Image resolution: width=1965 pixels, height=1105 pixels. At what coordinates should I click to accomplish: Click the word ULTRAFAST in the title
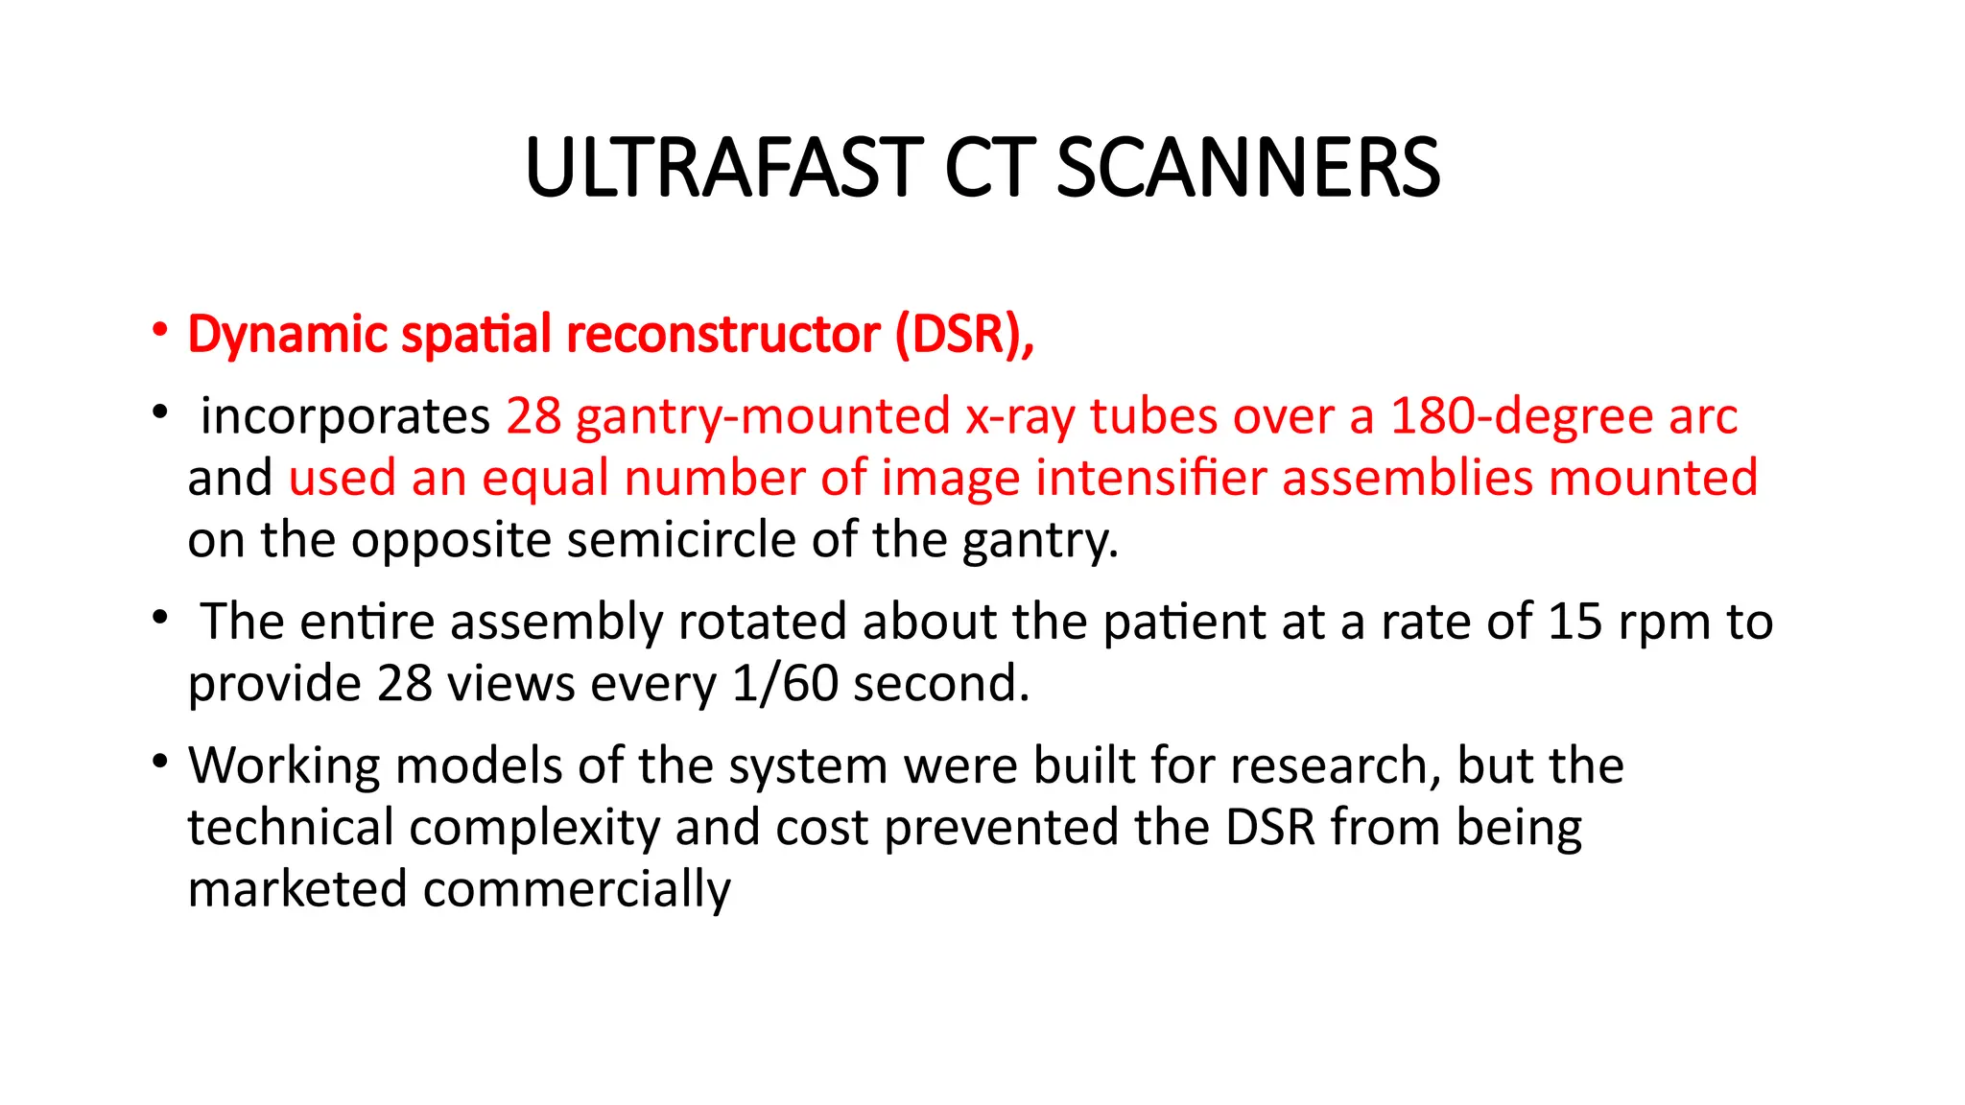click(x=724, y=169)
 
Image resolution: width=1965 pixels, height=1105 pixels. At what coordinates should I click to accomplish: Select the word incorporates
click(x=345, y=417)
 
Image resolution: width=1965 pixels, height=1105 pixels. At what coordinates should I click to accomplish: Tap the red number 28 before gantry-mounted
click(x=533, y=417)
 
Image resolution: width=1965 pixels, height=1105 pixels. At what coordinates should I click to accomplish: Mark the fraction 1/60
click(x=784, y=684)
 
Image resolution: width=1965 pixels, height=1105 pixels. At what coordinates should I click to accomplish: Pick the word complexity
click(x=535, y=828)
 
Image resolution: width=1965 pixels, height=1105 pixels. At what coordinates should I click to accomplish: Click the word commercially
click(x=577, y=890)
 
